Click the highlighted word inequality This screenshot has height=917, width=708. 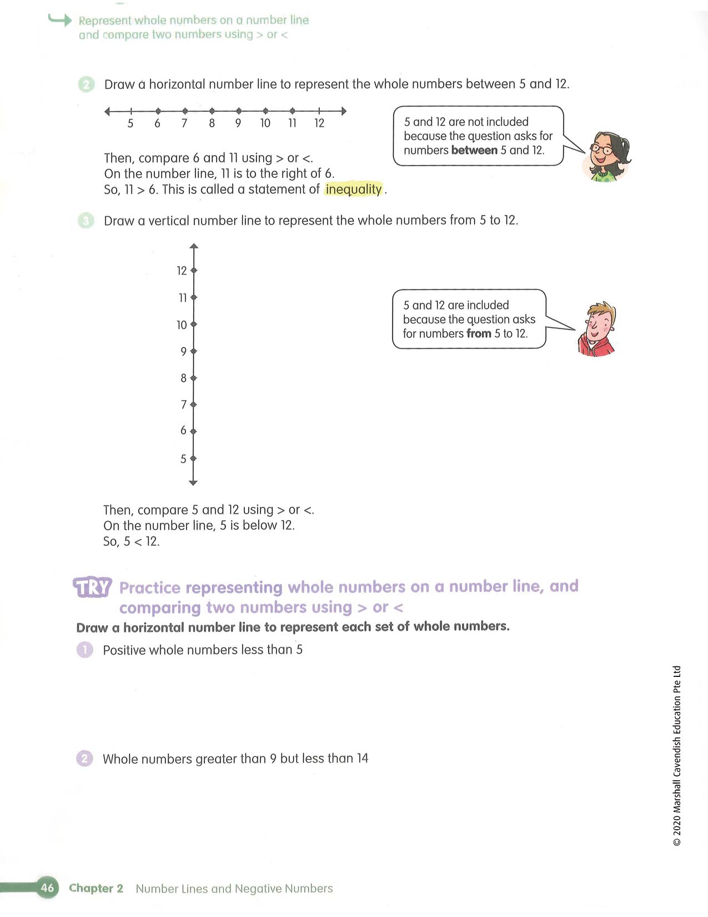(354, 190)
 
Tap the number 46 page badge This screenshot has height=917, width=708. (48, 888)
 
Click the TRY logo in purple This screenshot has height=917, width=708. (92, 587)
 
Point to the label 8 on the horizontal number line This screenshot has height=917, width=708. (212, 123)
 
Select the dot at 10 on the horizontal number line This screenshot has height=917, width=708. (265, 111)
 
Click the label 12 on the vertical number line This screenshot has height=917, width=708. (182, 271)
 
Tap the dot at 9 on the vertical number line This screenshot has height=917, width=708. (193, 351)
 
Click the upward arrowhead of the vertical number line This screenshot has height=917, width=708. (193, 246)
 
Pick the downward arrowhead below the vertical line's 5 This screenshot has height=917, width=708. (193, 482)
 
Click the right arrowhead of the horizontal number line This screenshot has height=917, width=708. (344, 111)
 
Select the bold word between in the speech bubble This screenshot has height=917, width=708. (474, 151)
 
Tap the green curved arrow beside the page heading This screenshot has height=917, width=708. (60, 21)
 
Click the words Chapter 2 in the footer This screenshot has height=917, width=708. (96, 888)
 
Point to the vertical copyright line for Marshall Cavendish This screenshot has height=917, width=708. (676, 756)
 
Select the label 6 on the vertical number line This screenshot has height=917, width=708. (183, 431)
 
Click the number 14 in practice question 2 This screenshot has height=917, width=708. (362, 759)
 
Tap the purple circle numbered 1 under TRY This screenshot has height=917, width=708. (85, 650)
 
